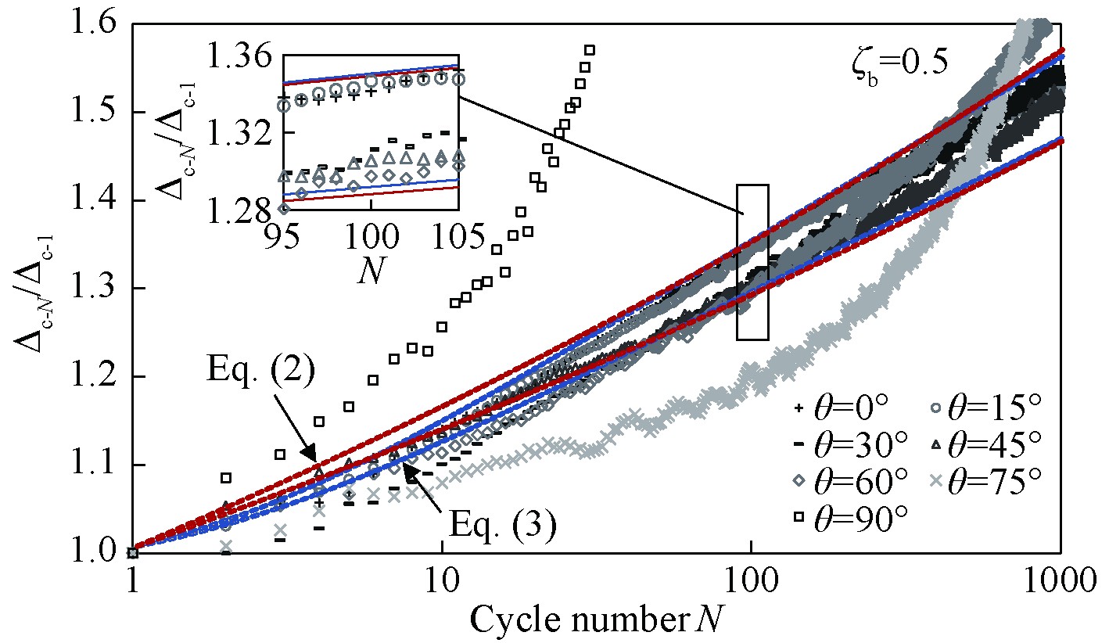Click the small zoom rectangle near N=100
tap(752, 262)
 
